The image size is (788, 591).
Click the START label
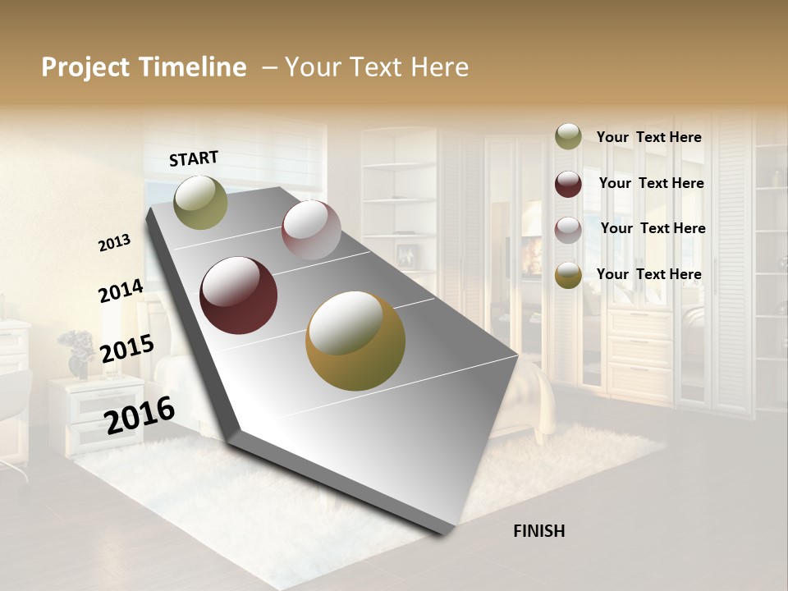[194, 158]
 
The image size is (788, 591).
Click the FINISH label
[538, 531]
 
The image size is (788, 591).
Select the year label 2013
[115, 243]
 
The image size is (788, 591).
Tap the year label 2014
[121, 291]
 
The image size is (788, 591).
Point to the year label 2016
[140, 415]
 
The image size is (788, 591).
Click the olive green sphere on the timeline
[200, 202]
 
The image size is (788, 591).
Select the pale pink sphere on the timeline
[311, 230]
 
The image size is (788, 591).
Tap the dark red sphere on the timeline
[239, 295]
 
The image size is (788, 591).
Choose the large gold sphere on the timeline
[355, 341]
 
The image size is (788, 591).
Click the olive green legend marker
[568, 136]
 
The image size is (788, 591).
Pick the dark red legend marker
[568, 184]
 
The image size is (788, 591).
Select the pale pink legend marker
[568, 230]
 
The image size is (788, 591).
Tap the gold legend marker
[568, 275]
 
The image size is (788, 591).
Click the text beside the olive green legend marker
[648, 138]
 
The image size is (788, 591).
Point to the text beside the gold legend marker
[648, 274]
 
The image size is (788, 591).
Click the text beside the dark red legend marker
[651, 183]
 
